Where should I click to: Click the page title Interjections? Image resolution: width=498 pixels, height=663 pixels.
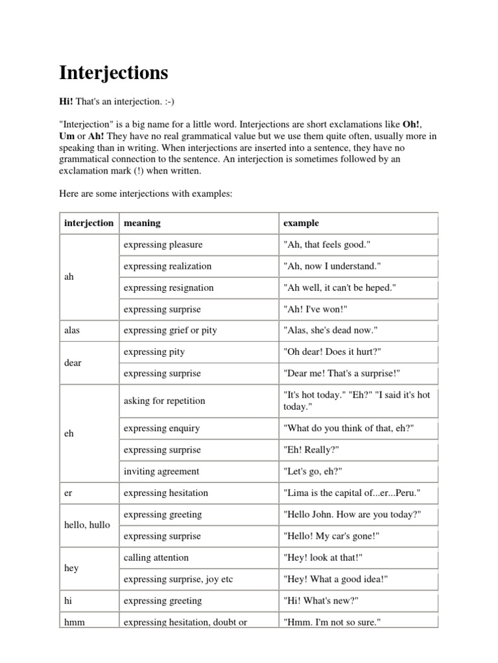pyautogui.click(x=113, y=73)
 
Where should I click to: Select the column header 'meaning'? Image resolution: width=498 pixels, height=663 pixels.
pyautogui.click(x=142, y=223)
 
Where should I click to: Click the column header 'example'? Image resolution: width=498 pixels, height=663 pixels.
pyautogui.click(x=301, y=223)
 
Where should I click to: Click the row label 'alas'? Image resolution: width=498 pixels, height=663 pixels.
pyautogui.click(x=73, y=330)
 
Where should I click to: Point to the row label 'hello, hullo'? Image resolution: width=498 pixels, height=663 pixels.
pyautogui.click(x=88, y=525)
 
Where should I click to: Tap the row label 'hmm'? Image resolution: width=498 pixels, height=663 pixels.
pyautogui.click(x=75, y=622)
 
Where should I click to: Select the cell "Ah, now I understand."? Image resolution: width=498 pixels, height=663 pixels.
pyautogui.click(x=331, y=266)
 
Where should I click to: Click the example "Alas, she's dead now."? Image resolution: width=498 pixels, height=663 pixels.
pyautogui.click(x=330, y=330)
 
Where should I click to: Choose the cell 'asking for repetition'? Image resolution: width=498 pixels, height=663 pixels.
pyautogui.click(x=164, y=401)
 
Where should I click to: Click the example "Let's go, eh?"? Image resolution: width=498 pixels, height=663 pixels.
pyautogui.click(x=311, y=471)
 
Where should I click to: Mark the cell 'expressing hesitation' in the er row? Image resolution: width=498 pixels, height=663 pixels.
pyautogui.click(x=165, y=493)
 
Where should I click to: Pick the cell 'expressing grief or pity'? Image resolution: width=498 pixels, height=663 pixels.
pyautogui.click(x=170, y=330)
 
